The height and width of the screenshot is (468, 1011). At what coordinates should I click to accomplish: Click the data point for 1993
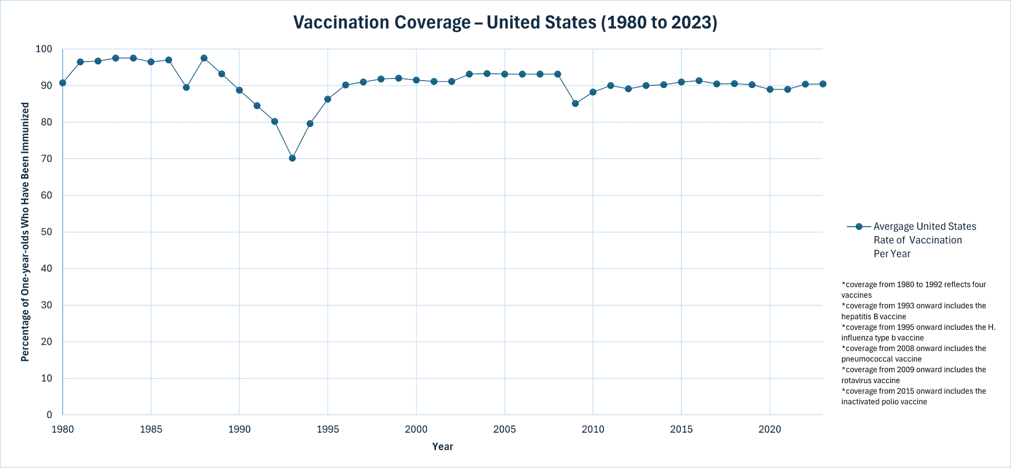click(292, 158)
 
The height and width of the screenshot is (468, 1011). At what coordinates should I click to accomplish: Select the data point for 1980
click(63, 83)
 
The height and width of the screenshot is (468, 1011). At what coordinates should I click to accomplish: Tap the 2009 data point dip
click(575, 103)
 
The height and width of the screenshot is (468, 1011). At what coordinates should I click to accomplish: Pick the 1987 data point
click(186, 87)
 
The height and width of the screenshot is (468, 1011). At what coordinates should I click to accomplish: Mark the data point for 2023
click(822, 84)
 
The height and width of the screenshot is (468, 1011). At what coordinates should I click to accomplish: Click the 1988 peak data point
click(204, 58)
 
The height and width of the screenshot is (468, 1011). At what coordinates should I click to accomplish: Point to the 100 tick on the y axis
click(44, 49)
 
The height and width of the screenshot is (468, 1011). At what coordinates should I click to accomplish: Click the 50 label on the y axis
click(47, 232)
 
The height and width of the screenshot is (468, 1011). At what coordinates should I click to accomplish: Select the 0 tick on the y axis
click(49, 415)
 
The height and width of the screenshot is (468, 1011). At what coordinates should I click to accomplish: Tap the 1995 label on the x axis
click(328, 430)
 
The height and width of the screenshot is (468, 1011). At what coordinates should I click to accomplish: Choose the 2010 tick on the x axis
click(593, 430)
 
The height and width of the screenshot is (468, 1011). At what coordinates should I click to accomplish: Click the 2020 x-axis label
click(770, 430)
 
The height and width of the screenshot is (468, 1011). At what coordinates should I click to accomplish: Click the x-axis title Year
click(442, 447)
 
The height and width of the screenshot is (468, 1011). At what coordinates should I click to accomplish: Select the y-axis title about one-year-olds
click(25, 232)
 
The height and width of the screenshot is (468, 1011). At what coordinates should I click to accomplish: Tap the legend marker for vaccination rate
click(859, 227)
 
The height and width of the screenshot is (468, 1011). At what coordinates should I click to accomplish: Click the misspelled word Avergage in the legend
click(894, 227)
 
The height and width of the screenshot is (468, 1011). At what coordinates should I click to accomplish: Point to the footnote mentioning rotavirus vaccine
click(913, 375)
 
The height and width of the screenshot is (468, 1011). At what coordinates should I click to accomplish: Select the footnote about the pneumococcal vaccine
click(913, 354)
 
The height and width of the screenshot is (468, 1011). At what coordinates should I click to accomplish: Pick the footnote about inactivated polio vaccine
click(913, 396)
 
